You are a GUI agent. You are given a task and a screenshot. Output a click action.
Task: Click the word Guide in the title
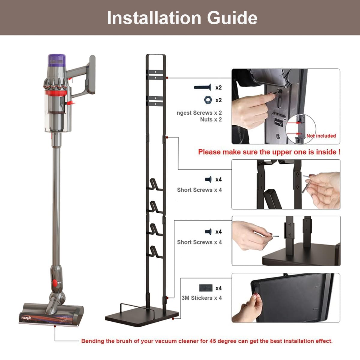coord(232,18)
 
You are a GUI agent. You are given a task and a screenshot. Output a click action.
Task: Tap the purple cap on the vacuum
coord(57,60)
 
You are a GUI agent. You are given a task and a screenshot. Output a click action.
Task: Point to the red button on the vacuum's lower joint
coord(55,283)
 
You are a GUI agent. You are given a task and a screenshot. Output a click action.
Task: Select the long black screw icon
coord(202,87)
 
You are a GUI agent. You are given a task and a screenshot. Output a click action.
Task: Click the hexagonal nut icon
coord(207,100)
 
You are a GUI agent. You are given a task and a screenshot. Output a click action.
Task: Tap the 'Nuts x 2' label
coord(211,119)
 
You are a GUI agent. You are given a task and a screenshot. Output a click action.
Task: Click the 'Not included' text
coord(321,136)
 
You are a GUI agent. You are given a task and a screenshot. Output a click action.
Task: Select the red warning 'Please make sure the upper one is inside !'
coord(269,152)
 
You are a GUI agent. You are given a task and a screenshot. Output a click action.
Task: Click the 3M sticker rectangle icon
coord(205,288)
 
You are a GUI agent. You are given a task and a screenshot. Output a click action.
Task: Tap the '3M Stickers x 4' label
coord(202,298)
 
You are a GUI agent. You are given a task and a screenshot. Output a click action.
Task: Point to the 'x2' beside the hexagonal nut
coord(218,100)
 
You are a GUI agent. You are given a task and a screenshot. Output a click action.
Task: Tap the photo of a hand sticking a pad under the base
coord(286,298)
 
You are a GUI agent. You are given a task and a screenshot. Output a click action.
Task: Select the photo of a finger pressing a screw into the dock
coord(286,106)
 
